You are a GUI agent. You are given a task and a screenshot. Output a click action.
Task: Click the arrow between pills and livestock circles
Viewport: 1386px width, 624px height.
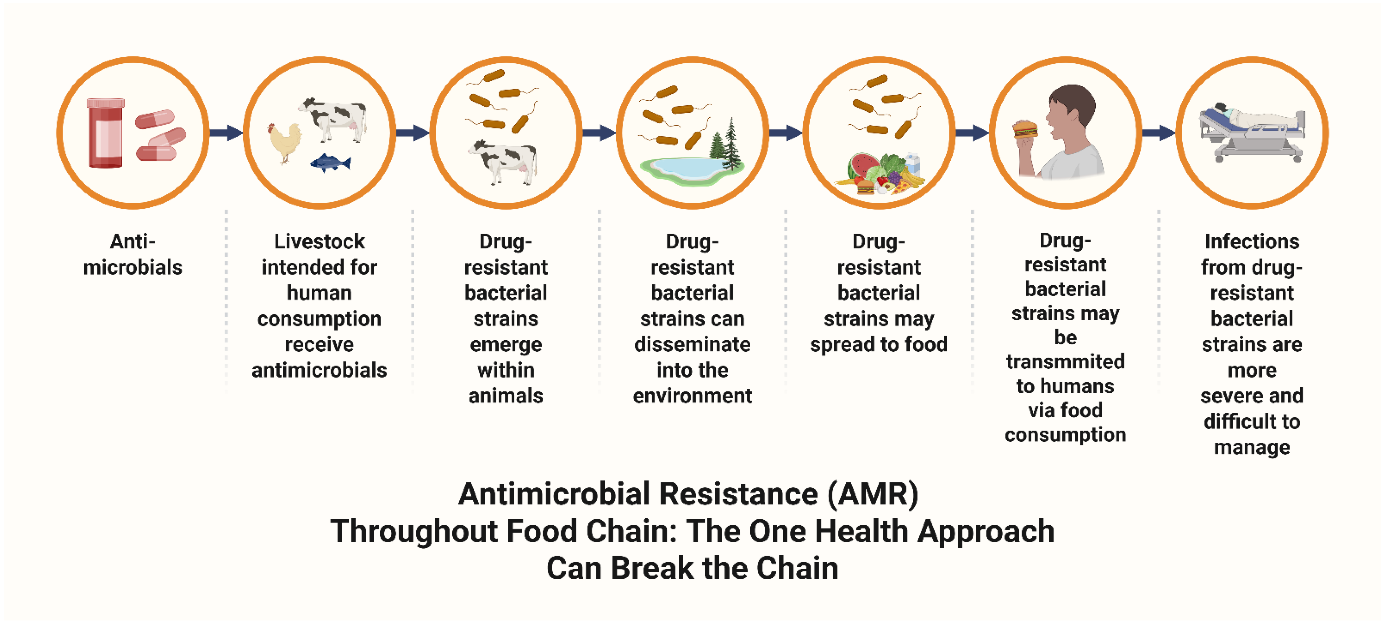[226, 132]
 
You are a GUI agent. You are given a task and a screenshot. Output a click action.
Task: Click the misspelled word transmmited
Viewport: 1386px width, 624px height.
[1065, 361]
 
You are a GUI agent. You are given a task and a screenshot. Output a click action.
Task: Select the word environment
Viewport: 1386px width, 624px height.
[693, 396]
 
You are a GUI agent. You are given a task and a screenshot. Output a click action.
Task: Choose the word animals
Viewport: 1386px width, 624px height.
[506, 396]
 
